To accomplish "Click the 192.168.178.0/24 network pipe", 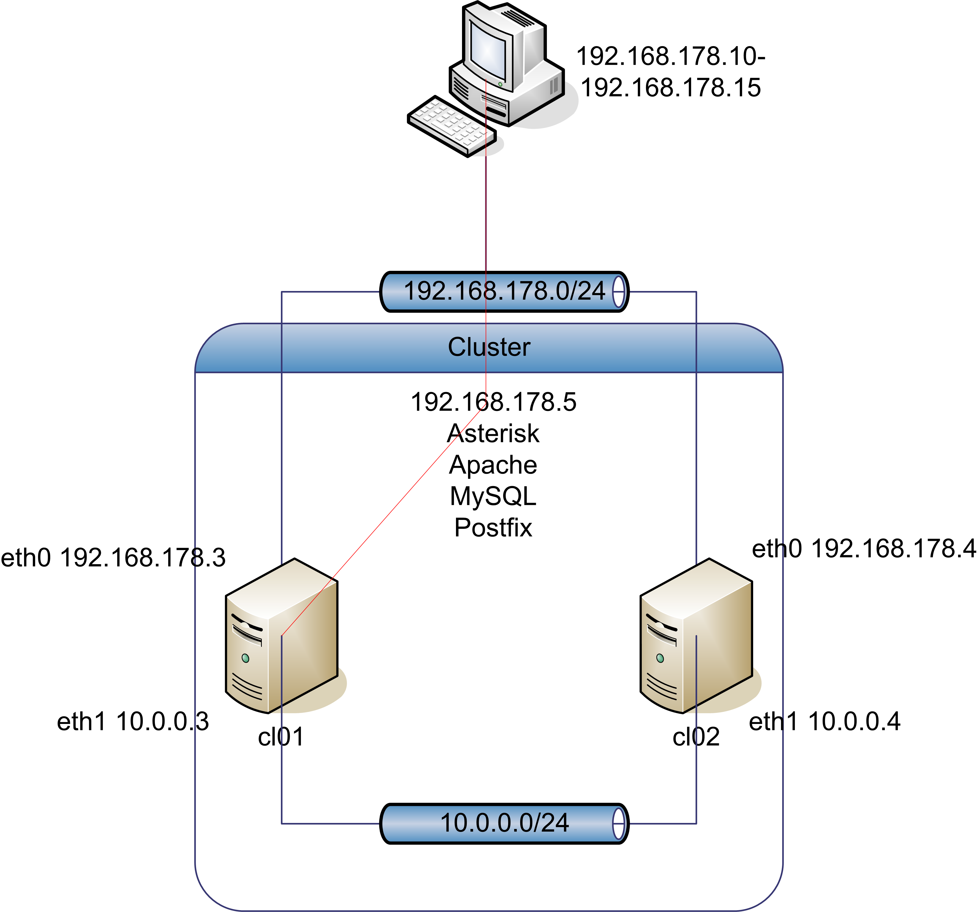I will tap(504, 292).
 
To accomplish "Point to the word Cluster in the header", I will tap(489, 347).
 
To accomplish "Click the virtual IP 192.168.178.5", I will tap(493, 402).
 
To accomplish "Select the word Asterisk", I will tap(493, 434).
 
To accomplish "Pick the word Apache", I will tap(493, 465).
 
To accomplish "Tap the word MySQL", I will tap(493, 497).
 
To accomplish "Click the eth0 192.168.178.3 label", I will tap(113, 558).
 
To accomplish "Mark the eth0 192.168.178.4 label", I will tap(864, 549).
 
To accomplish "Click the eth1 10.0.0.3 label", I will tap(133, 722).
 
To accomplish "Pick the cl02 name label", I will tap(696, 737).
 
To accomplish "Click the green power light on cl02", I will tap(660, 658).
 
